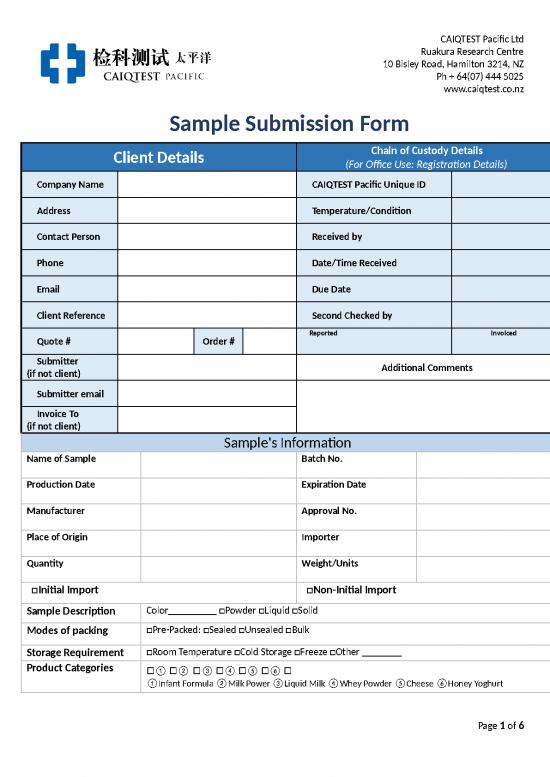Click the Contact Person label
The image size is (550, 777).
68,237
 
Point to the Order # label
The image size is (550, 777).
218,341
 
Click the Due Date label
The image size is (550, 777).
331,289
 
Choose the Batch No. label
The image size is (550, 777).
322,458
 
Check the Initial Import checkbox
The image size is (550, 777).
36,590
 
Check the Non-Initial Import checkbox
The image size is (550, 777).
310,590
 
